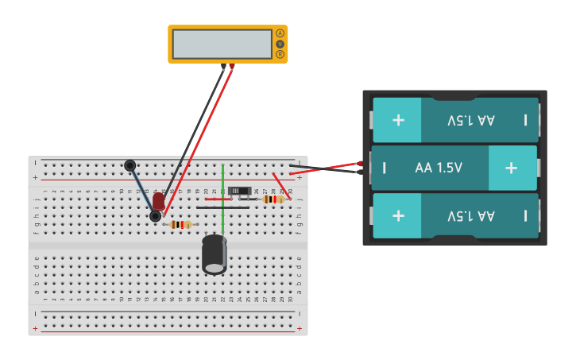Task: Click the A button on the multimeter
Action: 280,33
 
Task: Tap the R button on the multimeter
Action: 280,54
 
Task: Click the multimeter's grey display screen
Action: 222,44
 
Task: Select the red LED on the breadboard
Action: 159,201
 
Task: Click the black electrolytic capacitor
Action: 215,254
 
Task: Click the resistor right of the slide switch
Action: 273,199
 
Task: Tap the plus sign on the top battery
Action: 398,120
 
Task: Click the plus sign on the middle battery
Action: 511,168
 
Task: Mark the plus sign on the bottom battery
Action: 398,215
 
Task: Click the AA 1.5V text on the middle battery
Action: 439,168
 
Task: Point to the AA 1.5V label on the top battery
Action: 470,120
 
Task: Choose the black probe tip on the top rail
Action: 130,165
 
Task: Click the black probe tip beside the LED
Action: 154,216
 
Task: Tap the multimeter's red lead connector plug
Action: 231,68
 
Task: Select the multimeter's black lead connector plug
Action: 223,68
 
